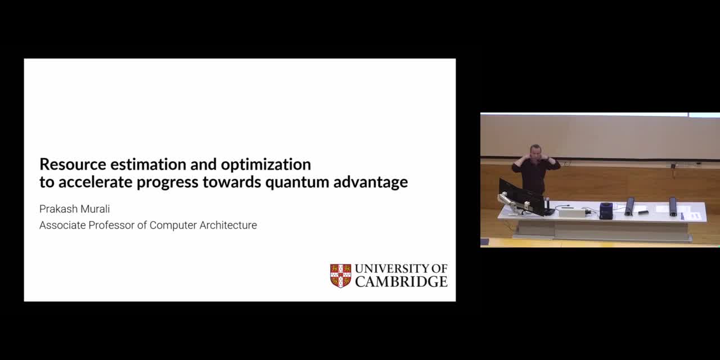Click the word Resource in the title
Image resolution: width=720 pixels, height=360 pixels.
(73, 164)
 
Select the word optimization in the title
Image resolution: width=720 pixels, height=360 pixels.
(266, 165)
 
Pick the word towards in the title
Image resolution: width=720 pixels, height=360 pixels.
(232, 182)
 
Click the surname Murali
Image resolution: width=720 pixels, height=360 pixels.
(95, 209)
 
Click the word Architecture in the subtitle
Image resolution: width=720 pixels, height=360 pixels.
(228, 226)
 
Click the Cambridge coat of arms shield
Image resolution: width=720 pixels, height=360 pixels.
(341, 276)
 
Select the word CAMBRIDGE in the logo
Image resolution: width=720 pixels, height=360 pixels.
(401, 282)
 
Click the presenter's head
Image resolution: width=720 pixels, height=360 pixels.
(535, 152)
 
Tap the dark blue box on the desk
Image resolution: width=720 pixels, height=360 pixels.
(606, 210)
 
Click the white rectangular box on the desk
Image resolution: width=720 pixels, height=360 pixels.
(573, 213)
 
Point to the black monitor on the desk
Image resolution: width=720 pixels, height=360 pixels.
(523, 197)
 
